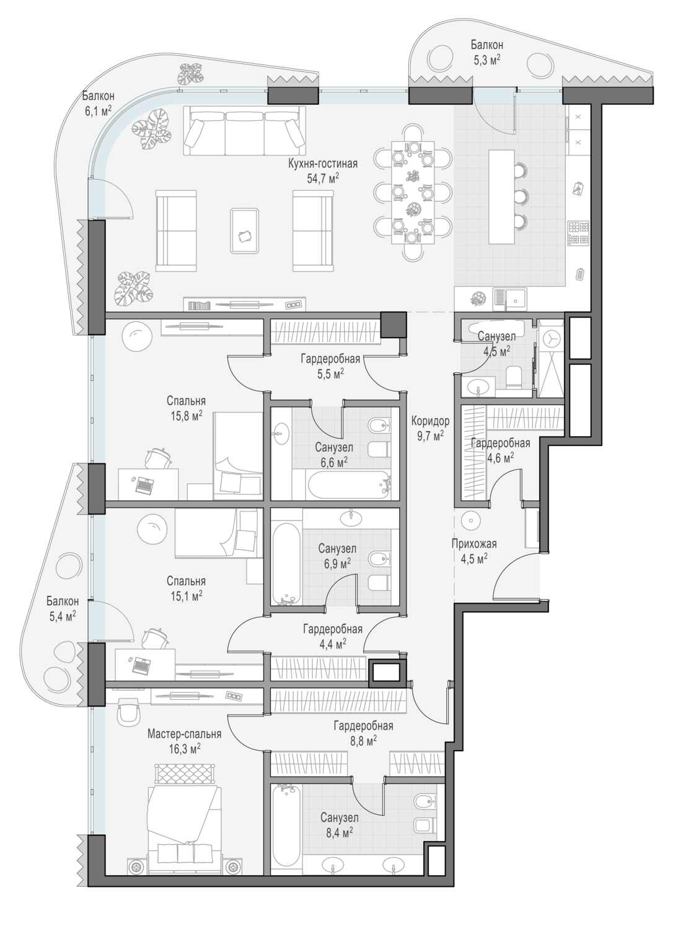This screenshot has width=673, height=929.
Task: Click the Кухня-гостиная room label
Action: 323,164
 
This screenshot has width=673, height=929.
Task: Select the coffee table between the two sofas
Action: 245,230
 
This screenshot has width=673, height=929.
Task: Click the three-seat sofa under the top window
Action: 244,130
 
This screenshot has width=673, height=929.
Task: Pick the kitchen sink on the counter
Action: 509,299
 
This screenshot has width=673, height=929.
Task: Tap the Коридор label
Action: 430,421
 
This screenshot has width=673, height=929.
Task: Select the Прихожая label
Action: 474,544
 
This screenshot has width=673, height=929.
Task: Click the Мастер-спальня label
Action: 184,734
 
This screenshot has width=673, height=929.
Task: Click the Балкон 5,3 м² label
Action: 486,52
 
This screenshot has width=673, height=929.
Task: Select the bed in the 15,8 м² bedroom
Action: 238,456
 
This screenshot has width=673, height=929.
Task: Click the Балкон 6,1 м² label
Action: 98,103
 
